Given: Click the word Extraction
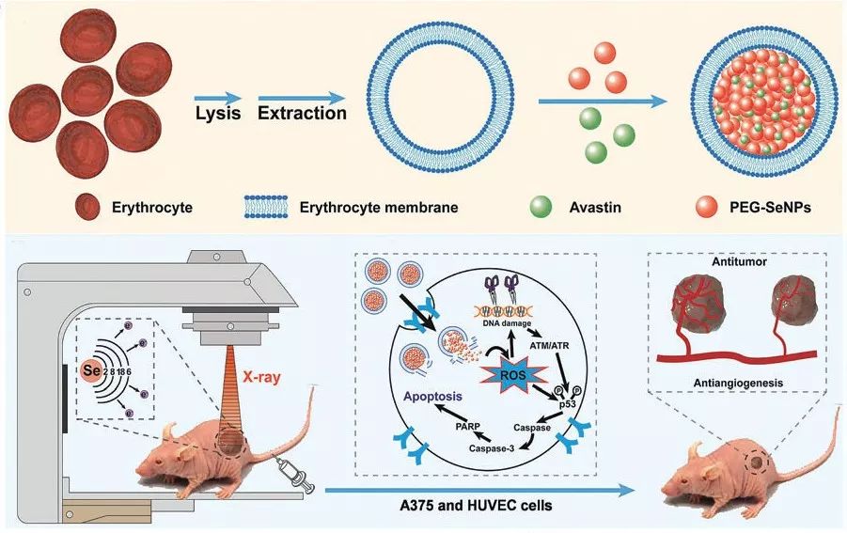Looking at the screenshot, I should point(303,114).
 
